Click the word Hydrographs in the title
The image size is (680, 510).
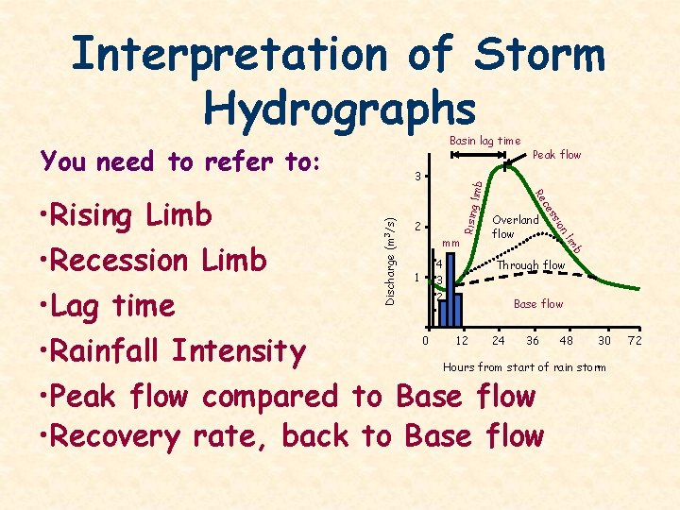(x=339, y=110)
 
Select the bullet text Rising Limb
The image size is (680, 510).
(x=130, y=215)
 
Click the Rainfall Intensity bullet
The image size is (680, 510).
(x=176, y=351)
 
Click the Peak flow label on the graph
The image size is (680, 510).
(x=557, y=155)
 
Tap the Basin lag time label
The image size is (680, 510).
(x=484, y=141)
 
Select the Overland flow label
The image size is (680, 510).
(x=515, y=227)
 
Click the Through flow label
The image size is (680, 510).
(x=531, y=265)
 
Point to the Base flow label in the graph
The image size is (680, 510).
(x=537, y=304)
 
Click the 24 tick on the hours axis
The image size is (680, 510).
(x=497, y=340)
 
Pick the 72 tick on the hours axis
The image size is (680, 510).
(x=635, y=340)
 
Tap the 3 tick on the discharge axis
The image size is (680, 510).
(x=418, y=177)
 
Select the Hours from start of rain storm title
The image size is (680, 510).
(x=524, y=366)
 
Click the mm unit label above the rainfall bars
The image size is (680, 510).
(x=450, y=243)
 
